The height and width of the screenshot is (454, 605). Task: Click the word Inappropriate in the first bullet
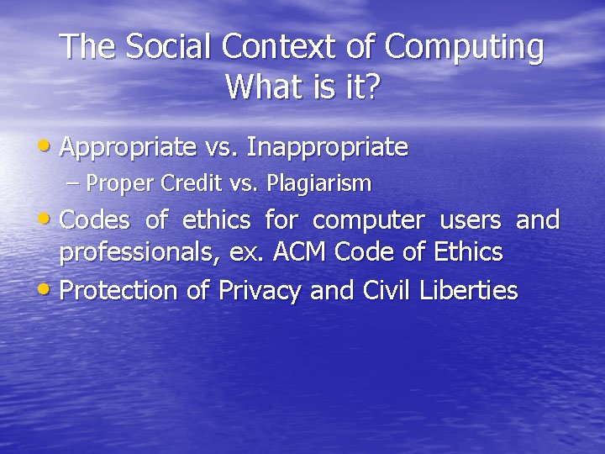[x=328, y=149]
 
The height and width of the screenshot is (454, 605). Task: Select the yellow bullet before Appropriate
[x=47, y=147]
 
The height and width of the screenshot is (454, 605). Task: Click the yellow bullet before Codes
[x=47, y=219]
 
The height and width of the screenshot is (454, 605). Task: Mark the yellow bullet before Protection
[x=47, y=291]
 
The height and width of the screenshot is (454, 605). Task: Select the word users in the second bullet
[x=471, y=220]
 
